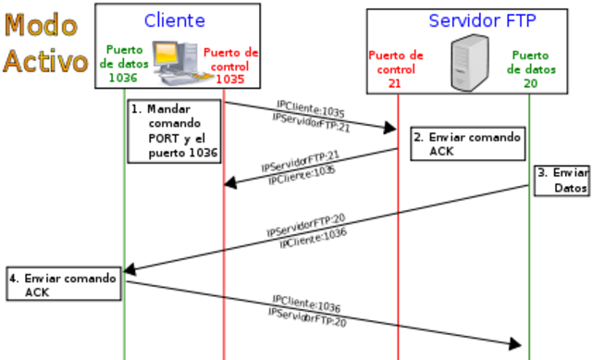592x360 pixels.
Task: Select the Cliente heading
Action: [175, 20]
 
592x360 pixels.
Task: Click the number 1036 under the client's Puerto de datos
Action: [122, 78]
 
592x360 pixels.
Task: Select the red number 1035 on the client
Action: [230, 80]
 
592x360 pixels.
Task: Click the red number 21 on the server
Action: [395, 83]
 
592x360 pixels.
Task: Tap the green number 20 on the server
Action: [529, 83]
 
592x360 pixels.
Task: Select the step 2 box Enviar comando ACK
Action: [467, 143]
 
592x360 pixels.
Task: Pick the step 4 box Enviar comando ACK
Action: [63, 284]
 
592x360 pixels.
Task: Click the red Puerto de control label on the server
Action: [396, 62]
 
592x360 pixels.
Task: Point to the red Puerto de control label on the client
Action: [230, 58]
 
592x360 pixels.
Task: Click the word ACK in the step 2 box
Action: [442, 151]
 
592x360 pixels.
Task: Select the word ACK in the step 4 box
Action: [37, 292]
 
